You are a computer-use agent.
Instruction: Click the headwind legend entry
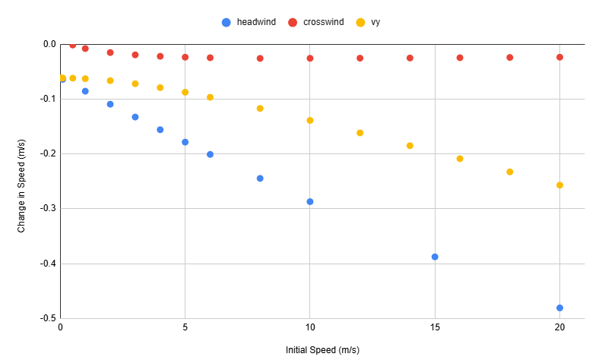click(x=249, y=22)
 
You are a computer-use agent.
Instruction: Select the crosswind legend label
click(x=323, y=22)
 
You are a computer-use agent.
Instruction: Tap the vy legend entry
click(x=368, y=22)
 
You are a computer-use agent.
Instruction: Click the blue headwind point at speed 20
click(x=559, y=308)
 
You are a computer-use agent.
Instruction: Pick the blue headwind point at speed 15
click(x=435, y=257)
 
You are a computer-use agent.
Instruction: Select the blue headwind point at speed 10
click(x=310, y=201)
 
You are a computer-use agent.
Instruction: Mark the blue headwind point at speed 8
click(x=260, y=178)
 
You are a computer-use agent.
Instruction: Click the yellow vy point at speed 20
click(x=559, y=185)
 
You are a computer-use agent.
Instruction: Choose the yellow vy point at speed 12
click(x=360, y=133)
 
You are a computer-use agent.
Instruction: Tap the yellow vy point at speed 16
click(x=460, y=159)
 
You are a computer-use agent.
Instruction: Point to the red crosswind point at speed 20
click(x=559, y=57)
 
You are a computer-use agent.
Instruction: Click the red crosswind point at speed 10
click(x=310, y=58)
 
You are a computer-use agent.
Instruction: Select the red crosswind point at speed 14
click(x=410, y=58)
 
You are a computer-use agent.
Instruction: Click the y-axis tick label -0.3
click(x=48, y=208)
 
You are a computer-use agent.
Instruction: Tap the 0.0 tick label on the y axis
click(x=49, y=44)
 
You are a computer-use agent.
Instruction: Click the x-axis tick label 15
click(x=435, y=327)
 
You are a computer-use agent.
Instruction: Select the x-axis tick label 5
click(x=185, y=327)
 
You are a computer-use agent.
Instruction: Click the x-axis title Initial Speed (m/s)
click(x=322, y=350)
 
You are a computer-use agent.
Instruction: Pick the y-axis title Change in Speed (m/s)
click(x=21, y=186)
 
